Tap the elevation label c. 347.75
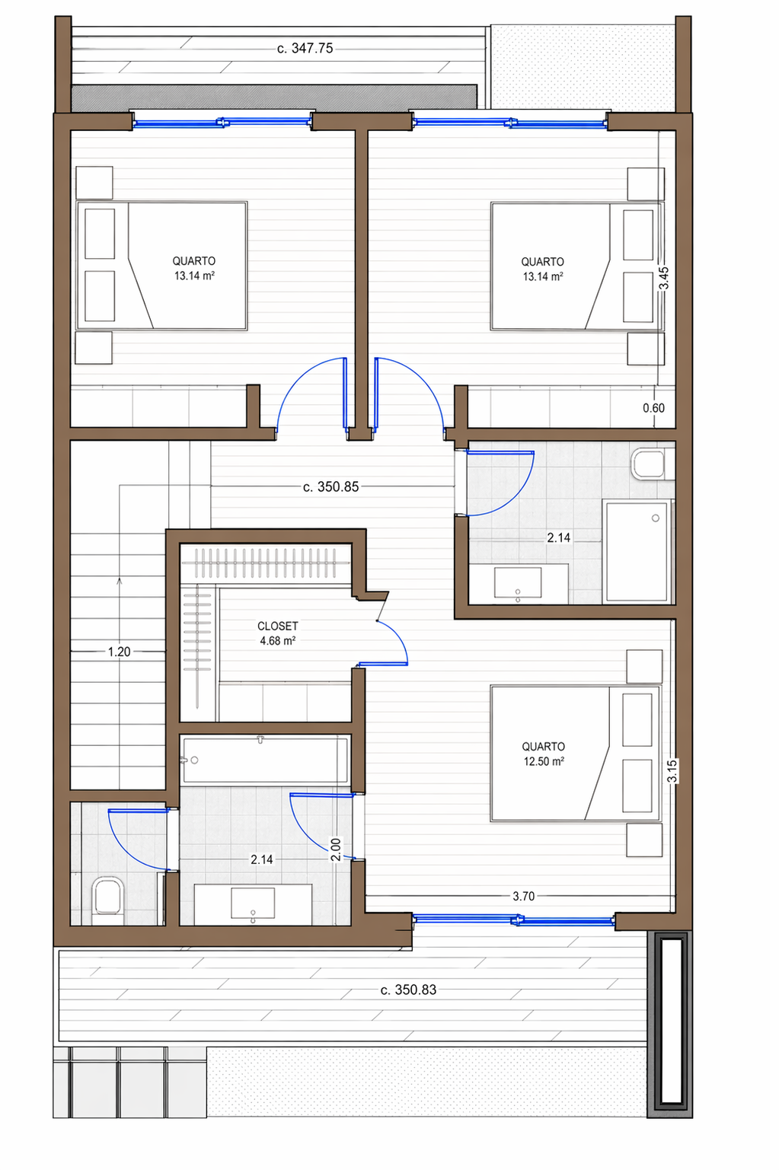tap(305, 49)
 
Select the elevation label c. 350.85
tap(330, 487)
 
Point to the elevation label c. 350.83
tap(408, 990)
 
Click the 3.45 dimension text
tap(663, 279)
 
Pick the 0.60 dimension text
tap(653, 408)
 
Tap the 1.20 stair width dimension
tap(119, 652)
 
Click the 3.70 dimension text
tap(523, 896)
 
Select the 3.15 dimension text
tap(672, 771)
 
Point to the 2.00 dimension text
tap(336, 850)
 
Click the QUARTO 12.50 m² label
tap(544, 754)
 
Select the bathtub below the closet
tap(265, 760)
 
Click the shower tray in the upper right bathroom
tap(637, 552)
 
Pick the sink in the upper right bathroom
tap(518, 583)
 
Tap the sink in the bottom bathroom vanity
tap(253, 903)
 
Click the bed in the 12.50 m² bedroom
tap(575, 754)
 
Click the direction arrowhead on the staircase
tap(119, 581)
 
